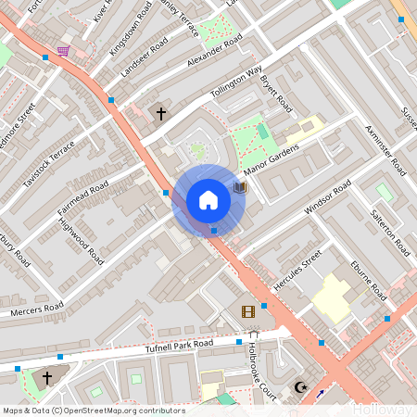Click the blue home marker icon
[x=208, y=200]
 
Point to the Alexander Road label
[x=214, y=50]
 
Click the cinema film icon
[x=247, y=312]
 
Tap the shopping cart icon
[x=63, y=51]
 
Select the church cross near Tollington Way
[x=160, y=114]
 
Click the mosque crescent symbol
[x=299, y=387]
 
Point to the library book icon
[x=240, y=187]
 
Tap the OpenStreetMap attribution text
[x=93, y=411]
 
